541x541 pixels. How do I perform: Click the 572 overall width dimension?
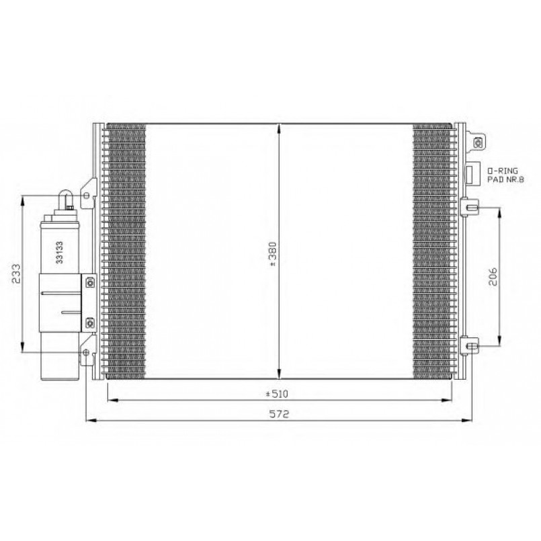pyautogui.click(x=279, y=414)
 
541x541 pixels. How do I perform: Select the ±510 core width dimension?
pyautogui.click(x=277, y=394)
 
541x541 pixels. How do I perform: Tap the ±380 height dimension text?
pyautogui.click(x=273, y=254)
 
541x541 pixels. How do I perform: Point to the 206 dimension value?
pyautogui.click(x=493, y=277)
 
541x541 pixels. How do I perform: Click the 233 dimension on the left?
pyautogui.click(x=16, y=274)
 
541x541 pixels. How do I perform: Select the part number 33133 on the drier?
pyautogui.click(x=60, y=253)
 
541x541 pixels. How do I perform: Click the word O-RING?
pyautogui.click(x=503, y=171)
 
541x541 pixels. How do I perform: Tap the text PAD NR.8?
pyautogui.click(x=505, y=179)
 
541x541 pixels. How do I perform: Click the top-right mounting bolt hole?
pyautogui.click(x=478, y=142)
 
